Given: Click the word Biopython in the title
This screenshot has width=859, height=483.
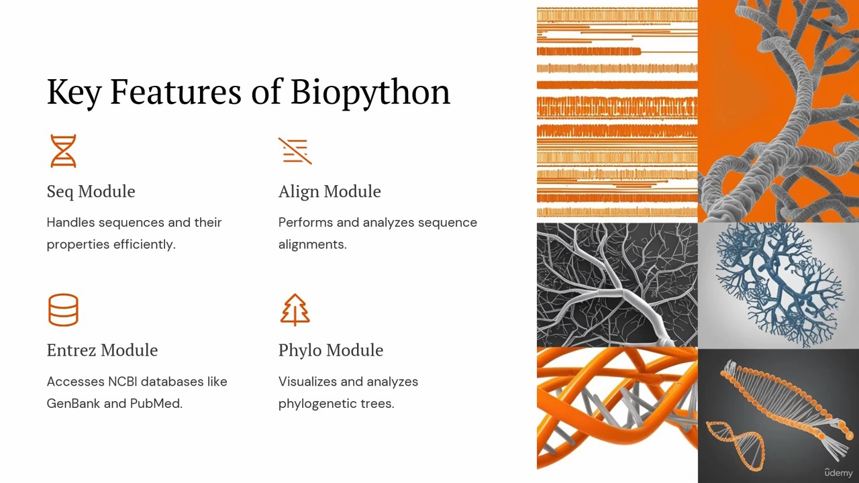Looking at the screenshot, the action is pyautogui.click(x=370, y=93).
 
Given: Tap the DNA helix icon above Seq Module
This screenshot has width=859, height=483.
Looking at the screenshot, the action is pyautogui.click(x=63, y=151).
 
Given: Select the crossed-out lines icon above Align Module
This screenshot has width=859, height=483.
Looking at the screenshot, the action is pyautogui.click(x=295, y=151).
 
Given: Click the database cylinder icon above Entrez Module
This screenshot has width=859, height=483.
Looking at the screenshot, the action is pyautogui.click(x=63, y=310).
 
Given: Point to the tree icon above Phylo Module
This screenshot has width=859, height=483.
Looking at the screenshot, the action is pyautogui.click(x=295, y=310).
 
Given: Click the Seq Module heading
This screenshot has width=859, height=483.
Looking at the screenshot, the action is pyautogui.click(x=91, y=191).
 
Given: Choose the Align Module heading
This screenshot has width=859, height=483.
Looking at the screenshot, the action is pyautogui.click(x=330, y=191).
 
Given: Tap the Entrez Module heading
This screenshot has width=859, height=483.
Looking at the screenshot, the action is pyautogui.click(x=103, y=350).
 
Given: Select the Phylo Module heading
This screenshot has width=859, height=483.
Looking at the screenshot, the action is pyautogui.click(x=331, y=350).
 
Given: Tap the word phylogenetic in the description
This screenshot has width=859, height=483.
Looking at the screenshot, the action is pyautogui.click(x=317, y=404).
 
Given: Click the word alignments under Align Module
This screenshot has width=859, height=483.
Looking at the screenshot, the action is pyautogui.click(x=313, y=245).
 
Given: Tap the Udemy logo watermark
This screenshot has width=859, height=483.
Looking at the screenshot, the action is pyautogui.click(x=839, y=473).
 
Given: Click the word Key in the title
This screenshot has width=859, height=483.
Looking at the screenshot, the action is pyautogui.click(x=74, y=93).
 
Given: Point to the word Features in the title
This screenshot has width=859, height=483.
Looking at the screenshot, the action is pyautogui.click(x=176, y=92).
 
